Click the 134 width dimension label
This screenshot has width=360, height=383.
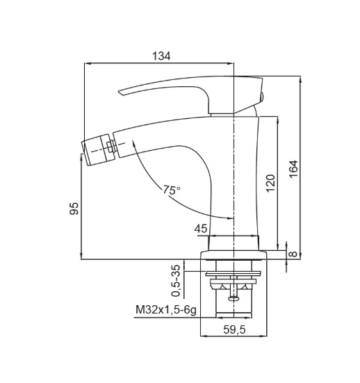(161, 56)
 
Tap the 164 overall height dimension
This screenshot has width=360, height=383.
(293, 169)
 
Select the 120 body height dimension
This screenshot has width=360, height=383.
(270, 184)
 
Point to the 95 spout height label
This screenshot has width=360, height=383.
(74, 209)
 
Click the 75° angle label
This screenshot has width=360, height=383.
(172, 190)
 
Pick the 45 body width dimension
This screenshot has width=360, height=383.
(201, 229)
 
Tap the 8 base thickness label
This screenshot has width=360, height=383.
(293, 254)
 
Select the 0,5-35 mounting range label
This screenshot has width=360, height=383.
(177, 281)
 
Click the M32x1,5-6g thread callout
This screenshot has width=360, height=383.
(166, 310)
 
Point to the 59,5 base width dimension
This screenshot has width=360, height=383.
(234, 329)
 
